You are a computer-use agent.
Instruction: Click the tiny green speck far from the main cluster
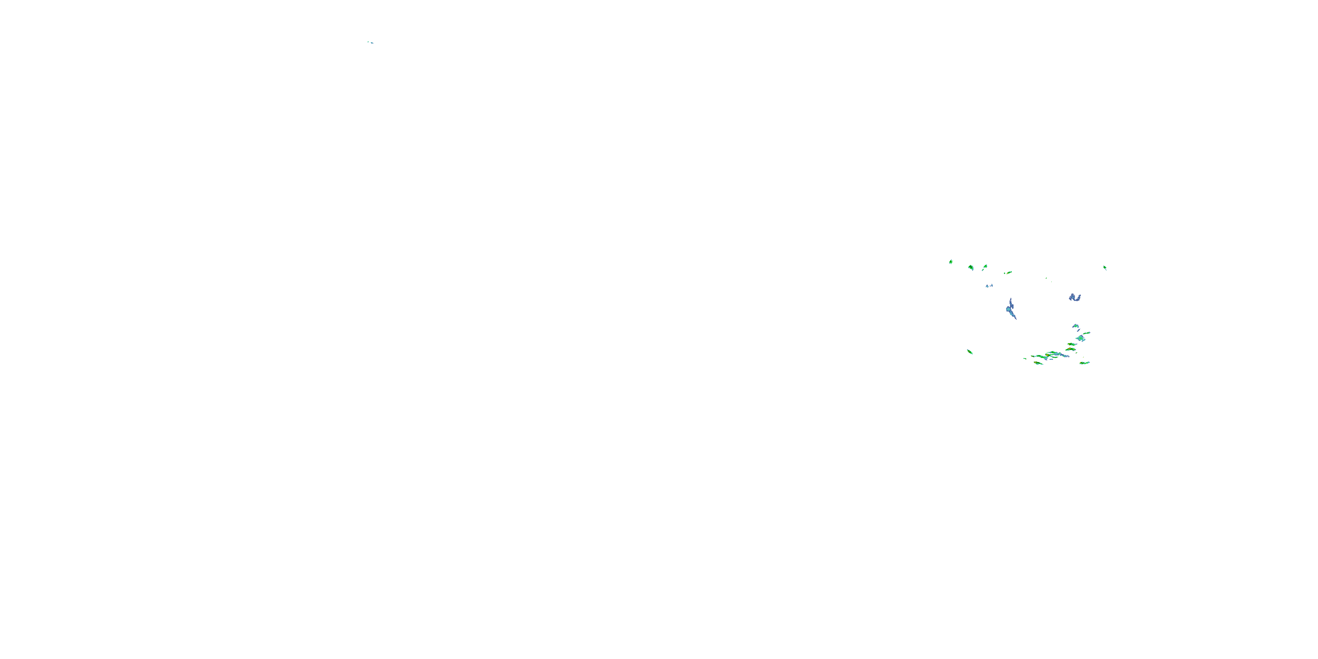368,41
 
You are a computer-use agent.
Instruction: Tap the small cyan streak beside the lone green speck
371,43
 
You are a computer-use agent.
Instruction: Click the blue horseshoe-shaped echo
1075,297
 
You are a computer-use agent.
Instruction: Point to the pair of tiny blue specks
989,286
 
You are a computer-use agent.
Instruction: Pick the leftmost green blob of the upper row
951,261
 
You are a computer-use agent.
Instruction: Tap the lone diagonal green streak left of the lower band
970,351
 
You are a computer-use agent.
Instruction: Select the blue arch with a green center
1075,326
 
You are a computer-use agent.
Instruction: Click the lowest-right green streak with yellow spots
1084,363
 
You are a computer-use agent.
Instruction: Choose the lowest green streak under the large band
1038,363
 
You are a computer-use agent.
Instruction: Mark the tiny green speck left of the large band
1025,358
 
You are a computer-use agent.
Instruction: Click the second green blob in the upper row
970,267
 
